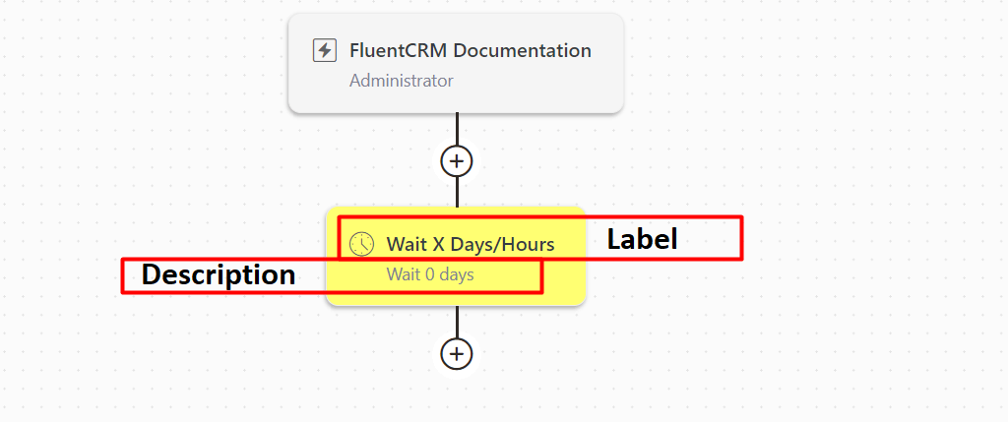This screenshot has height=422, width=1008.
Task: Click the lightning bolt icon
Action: tap(325, 50)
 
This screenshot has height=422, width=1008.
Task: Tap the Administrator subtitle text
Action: tap(402, 81)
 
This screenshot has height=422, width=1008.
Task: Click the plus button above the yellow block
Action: tap(457, 160)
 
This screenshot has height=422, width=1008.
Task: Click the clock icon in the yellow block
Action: tap(361, 244)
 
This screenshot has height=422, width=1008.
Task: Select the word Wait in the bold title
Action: tap(405, 244)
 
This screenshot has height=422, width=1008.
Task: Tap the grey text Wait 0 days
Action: tap(430, 274)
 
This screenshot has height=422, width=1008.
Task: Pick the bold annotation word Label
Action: tap(642, 240)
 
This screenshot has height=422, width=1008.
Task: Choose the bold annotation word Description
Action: tap(219, 274)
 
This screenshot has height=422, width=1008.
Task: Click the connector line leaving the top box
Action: tap(457, 129)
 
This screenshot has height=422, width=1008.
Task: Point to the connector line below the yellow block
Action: tap(457, 321)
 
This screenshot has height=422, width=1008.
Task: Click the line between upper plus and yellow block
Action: tap(457, 192)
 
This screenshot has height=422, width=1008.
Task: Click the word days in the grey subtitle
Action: tap(457, 274)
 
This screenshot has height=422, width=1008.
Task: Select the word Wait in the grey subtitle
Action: tap(402, 274)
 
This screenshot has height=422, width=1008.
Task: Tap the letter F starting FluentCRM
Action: tap(354, 50)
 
